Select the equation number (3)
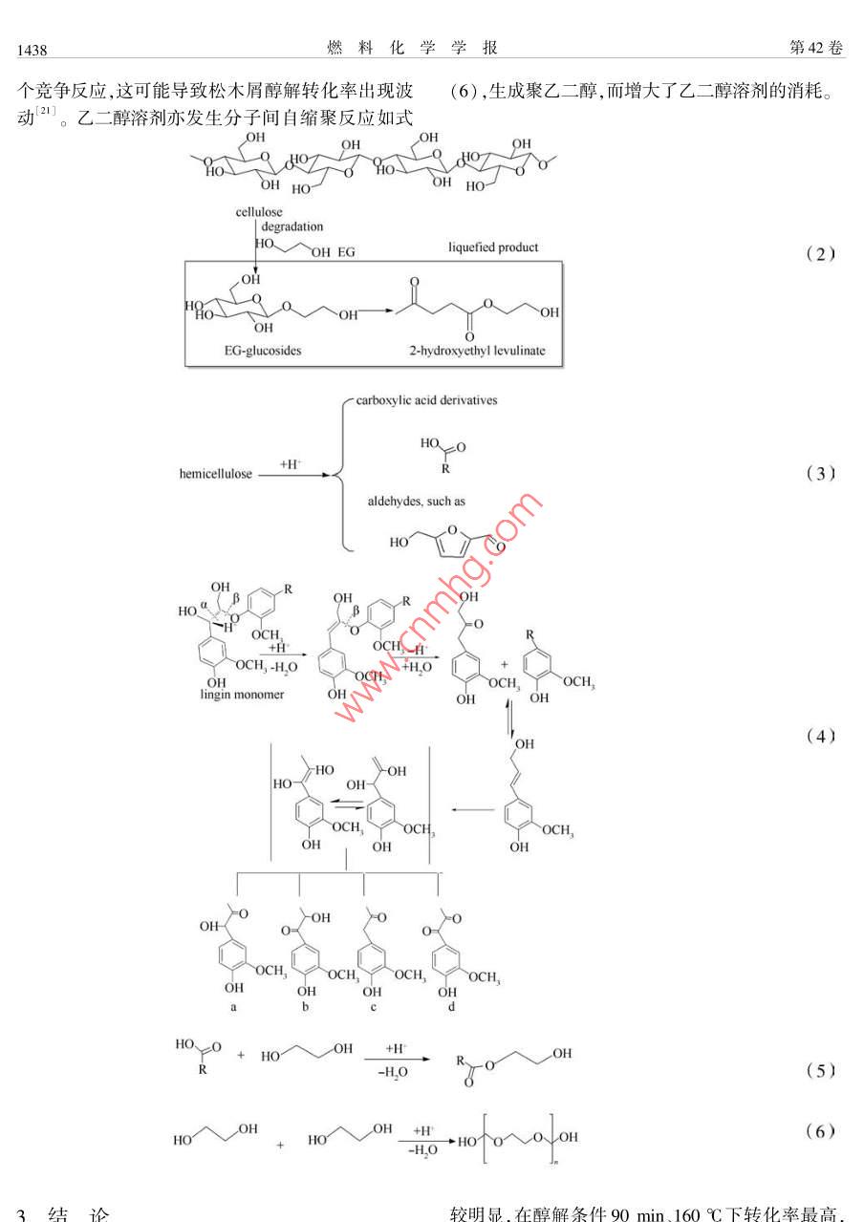point(820,473)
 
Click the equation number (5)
point(820,1070)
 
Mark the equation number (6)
point(820,1132)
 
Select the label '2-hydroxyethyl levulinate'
point(476,351)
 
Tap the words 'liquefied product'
point(493,247)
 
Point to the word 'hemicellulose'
point(215,473)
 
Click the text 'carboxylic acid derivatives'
point(426,400)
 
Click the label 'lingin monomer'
point(244,695)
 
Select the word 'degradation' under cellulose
point(293,227)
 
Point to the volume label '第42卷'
point(818,48)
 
